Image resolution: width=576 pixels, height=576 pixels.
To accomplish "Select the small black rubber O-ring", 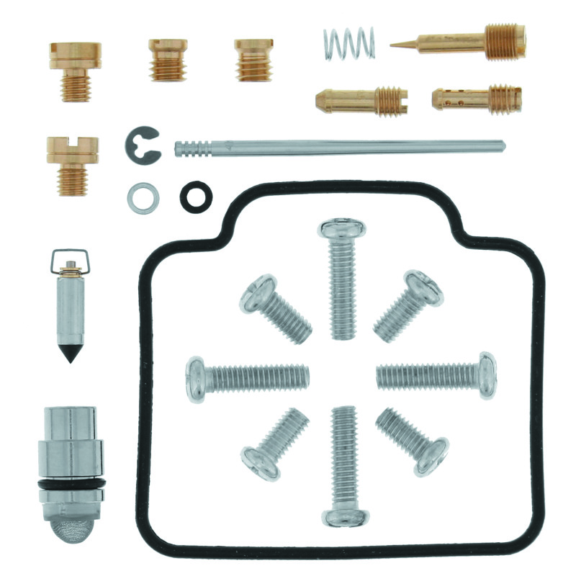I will (194, 196).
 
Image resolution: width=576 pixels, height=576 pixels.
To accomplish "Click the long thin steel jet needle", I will (338, 148).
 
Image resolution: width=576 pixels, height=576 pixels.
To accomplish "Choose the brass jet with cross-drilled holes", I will (477, 99).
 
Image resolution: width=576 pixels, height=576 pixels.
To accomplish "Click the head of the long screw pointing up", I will (342, 230).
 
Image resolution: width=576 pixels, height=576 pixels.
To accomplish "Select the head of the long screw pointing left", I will (196, 378).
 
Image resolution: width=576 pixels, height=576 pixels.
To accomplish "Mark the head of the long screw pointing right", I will (486, 375).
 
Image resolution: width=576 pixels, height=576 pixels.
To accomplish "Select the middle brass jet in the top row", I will (168, 59).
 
